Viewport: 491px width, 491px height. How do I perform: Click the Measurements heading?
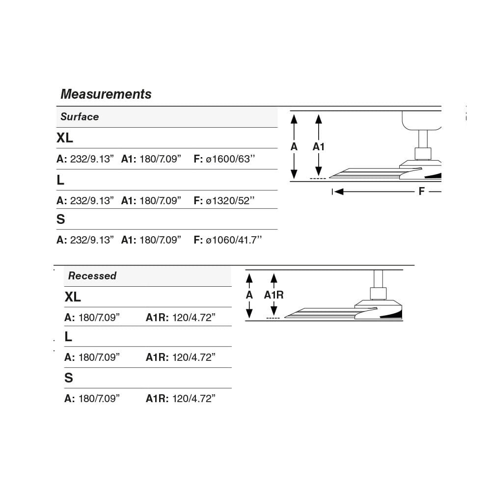106,94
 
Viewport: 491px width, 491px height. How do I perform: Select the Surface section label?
80,117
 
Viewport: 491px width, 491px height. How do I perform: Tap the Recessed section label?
92,276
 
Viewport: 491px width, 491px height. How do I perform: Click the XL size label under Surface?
65,138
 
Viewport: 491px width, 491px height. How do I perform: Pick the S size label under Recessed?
69,378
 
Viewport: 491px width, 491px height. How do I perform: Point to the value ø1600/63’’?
230,159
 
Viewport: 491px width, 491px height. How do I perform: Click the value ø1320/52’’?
230,200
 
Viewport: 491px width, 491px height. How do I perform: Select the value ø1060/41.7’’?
234,240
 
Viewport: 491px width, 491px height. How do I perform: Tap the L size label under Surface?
60,180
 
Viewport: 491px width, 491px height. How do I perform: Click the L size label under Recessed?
68,337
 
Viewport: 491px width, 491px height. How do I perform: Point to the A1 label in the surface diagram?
319,147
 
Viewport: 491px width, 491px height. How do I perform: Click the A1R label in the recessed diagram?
273,295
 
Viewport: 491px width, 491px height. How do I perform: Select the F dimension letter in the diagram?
421,191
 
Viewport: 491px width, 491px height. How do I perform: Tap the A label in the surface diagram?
294,147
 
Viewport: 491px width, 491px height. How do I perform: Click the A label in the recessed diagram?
249,295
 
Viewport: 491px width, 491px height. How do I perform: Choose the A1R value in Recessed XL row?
194,318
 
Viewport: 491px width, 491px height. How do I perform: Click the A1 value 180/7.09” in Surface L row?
159,200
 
